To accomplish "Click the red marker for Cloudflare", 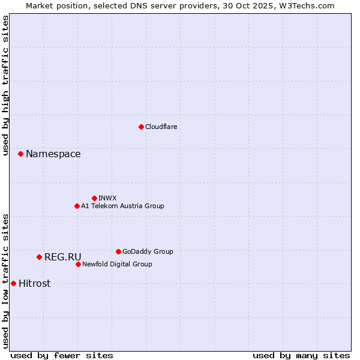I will pos(141,127).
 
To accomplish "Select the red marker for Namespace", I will pos(20,154).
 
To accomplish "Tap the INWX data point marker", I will pos(94,198).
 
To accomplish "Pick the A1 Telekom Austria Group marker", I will pos(77,206).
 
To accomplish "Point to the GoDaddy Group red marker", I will pos(118,251).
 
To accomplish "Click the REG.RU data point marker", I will pos(39,257).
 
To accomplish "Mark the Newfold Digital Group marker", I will pos(78,264).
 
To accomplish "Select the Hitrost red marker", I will pos(13,283).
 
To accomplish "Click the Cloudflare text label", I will pos(161,127).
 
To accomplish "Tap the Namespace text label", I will pos(53,154).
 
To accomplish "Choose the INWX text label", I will pos(107,198).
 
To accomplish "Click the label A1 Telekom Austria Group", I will pos(122,206).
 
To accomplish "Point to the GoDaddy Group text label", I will pos(148,251).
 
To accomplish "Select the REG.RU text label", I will pos(63,257).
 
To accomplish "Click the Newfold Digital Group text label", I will pos(117,264).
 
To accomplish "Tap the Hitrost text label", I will pos(35,284).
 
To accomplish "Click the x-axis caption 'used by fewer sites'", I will pos(62,355).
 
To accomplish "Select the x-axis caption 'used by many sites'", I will pos(301,355).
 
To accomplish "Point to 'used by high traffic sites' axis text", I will pos(5,86).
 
